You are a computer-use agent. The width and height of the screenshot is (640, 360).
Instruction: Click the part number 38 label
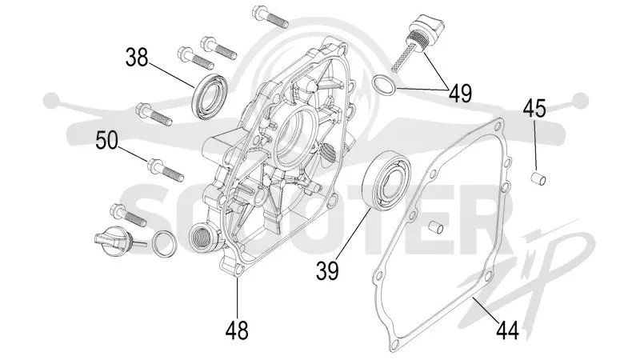pos(137,58)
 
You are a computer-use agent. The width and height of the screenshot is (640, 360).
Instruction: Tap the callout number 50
pos(107,140)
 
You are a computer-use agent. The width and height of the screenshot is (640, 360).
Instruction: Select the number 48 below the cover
pos(237,330)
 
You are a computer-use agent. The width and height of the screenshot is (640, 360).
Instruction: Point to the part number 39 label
pos(327,270)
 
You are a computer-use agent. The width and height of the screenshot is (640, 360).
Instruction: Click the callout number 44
pos(508,330)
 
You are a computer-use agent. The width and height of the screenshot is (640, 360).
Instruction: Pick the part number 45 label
pos(534,108)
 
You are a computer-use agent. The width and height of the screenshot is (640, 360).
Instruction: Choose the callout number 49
pos(461,94)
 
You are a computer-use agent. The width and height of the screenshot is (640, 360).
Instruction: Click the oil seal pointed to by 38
pos(210,96)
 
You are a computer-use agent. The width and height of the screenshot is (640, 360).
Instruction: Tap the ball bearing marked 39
pos(388,181)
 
